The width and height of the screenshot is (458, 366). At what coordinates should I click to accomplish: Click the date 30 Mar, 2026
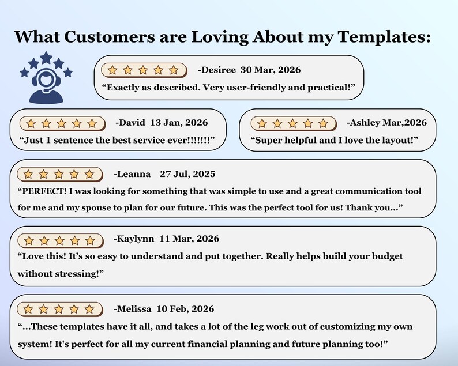(271, 70)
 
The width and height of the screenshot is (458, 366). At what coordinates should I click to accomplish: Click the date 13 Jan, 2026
(179, 123)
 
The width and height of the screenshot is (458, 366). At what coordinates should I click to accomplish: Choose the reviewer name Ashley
(363, 123)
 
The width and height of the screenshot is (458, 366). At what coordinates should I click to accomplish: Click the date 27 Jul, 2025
(187, 174)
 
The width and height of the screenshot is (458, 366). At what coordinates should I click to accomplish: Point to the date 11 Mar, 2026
(189, 239)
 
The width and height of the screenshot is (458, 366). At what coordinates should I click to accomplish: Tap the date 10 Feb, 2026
(185, 309)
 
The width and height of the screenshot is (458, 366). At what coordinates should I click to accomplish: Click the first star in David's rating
(31, 124)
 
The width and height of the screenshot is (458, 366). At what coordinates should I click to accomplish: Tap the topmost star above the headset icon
(46, 58)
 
